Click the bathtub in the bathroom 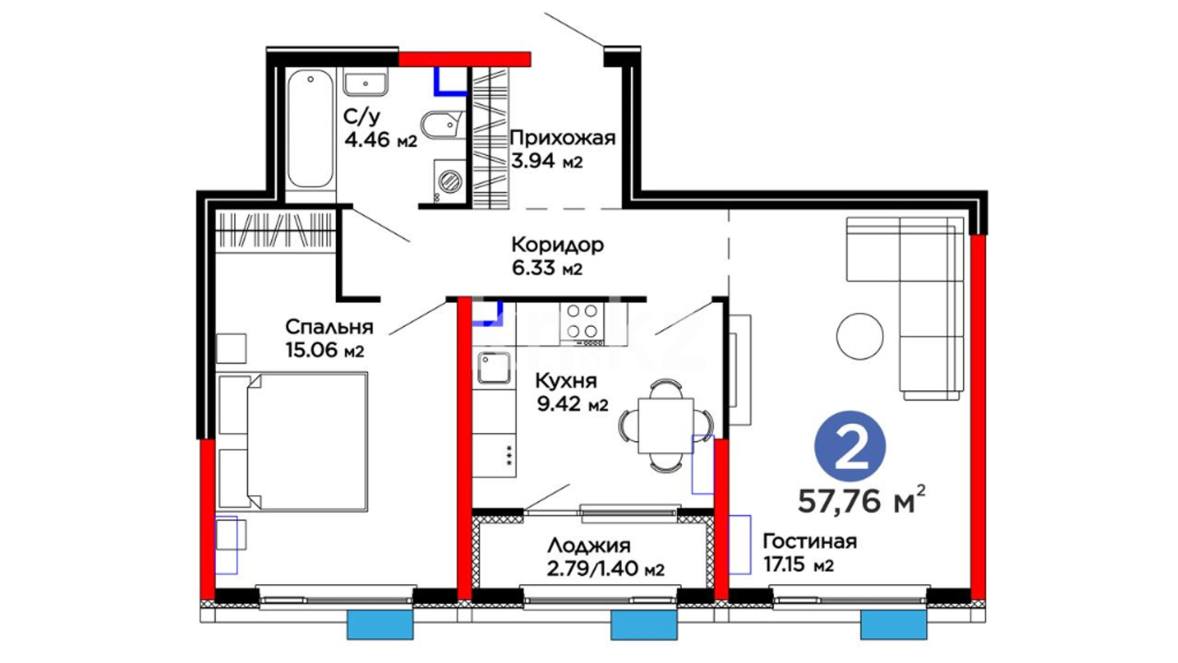tap(311, 129)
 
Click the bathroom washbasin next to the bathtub tap(365, 82)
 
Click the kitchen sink tap(495, 368)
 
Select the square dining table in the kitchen tap(666, 425)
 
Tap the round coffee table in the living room tap(860, 336)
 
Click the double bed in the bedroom tap(293, 441)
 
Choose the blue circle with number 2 tap(850, 446)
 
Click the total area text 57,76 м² tap(861, 500)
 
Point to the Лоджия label tap(589, 545)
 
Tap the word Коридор tap(558, 245)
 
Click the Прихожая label tap(563, 138)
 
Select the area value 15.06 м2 tap(325, 350)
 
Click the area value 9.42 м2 tap(572, 405)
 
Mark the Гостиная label tap(809, 541)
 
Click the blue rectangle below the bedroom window tap(380, 625)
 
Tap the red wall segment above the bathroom tap(464, 59)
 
